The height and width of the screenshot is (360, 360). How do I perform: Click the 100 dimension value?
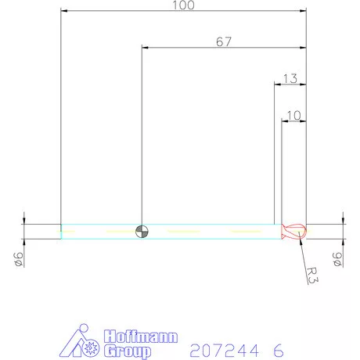(x=184, y=5)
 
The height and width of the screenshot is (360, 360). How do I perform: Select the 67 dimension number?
(x=223, y=42)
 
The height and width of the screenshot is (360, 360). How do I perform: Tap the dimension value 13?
(x=289, y=77)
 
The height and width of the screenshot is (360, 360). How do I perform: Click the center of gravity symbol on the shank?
(x=142, y=231)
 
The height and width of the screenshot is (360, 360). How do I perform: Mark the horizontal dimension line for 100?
(x=117, y=11)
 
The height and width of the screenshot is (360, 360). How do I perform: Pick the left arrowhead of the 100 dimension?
(x=64, y=11)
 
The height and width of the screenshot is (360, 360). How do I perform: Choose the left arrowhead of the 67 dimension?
(x=145, y=48)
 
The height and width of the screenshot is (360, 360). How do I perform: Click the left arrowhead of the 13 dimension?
(x=276, y=83)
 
